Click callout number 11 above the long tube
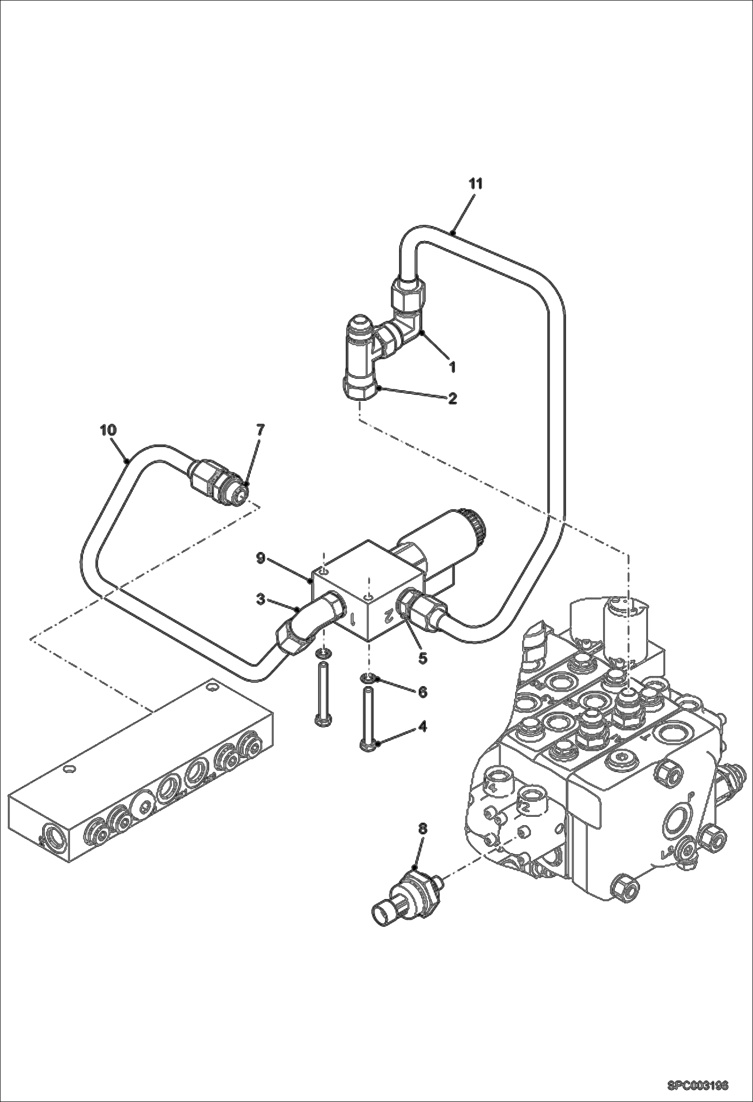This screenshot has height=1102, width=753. click(x=476, y=184)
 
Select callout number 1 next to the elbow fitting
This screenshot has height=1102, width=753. click(x=452, y=367)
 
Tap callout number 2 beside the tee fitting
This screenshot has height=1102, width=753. click(x=452, y=399)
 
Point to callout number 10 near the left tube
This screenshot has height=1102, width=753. click(x=108, y=430)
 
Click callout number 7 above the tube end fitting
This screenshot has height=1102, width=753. click(x=260, y=430)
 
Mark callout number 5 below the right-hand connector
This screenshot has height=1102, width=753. click(x=422, y=657)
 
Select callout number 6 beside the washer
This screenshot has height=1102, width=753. click(x=422, y=692)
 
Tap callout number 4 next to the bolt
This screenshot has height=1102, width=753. click(x=422, y=726)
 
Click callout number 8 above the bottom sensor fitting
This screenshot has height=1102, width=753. click(x=422, y=829)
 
